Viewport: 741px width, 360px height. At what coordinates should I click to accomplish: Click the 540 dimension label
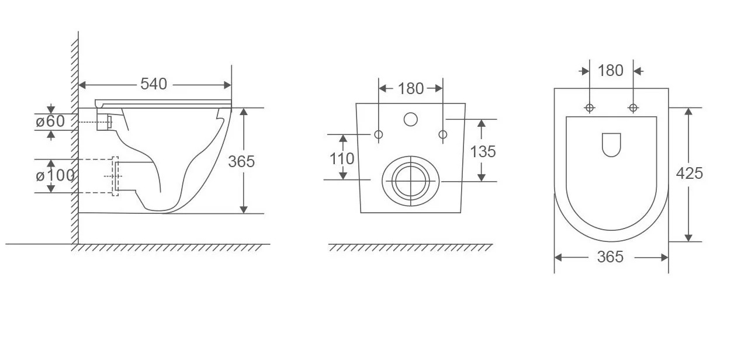pyautogui.click(x=154, y=84)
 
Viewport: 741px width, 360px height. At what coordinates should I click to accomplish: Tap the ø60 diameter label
pyautogui.click(x=50, y=122)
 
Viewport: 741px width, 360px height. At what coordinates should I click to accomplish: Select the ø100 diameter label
pyautogui.click(x=55, y=175)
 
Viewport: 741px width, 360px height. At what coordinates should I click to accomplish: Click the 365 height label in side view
pyautogui.click(x=241, y=161)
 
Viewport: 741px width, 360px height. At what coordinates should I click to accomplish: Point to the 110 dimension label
pyautogui.click(x=342, y=159)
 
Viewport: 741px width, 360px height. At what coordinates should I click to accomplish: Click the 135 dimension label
pyautogui.click(x=483, y=151)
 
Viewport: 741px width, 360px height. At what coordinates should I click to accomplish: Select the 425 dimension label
pyautogui.click(x=690, y=174)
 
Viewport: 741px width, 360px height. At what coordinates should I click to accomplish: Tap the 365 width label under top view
pyautogui.click(x=610, y=257)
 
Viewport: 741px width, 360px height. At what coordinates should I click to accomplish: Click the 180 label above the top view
pyautogui.click(x=611, y=71)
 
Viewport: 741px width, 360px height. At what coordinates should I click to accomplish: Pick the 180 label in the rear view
pyautogui.click(x=411, y=89)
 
